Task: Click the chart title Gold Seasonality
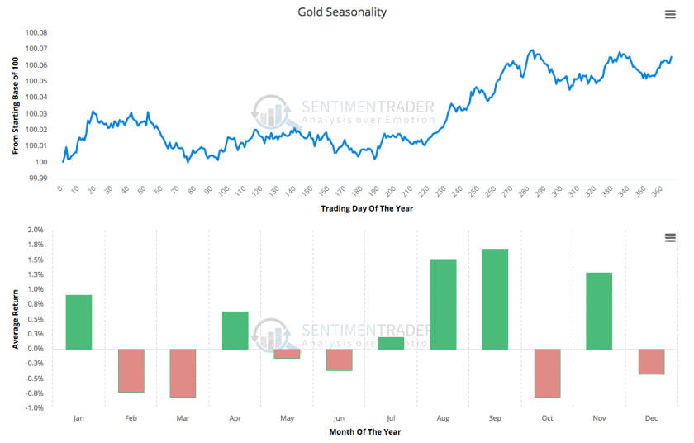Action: coord(342,12)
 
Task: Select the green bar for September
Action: coord(494,298)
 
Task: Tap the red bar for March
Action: coord(183,373)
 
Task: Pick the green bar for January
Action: coord(78,322)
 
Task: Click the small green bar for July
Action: coord(391,343)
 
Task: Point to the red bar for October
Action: coord(546,373)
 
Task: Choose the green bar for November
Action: coord(599,311)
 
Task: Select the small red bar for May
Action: coord(287,354)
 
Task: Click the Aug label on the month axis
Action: coord(443,418)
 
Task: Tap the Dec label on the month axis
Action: coord(651,418)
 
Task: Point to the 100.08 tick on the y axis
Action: coord(36,33)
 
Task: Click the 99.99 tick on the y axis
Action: coord(39,178)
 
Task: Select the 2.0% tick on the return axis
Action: coord(35,230)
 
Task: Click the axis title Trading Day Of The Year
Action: coord(367,208)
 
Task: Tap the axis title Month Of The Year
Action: coord(364,431)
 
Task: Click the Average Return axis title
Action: coord(16,319)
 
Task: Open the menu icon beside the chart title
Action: coord(671,14)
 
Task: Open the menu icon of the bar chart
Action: coord(671,238)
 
